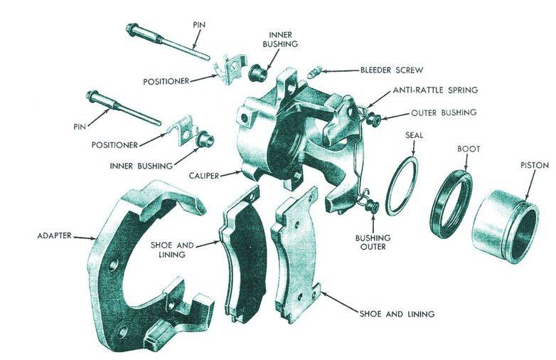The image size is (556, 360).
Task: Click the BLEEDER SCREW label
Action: (x=392, y=70)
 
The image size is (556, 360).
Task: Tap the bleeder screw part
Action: (x=314, y=72)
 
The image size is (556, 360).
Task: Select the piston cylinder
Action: (x=506, y=226)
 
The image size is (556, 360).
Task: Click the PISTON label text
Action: (x=535, y=165)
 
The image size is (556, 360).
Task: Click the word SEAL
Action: (x=414, y=135)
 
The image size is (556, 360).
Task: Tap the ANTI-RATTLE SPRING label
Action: (x=435, y=90)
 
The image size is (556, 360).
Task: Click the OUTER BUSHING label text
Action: (x=444, y=113)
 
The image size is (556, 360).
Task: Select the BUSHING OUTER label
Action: (x=373, y=242)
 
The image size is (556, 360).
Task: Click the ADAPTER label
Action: (x=54, y=235)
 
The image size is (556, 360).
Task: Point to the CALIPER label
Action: (x=204, y=176)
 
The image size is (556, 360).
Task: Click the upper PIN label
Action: (x=199, y=25)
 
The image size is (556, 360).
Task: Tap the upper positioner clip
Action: (x=230, y=68)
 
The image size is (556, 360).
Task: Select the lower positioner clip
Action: (x=183, y=130)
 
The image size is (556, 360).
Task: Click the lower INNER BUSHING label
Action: (x=141, y=166)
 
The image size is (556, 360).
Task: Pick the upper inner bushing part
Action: (x=259, y=72)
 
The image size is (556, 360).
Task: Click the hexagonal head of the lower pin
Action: (x=93, y=95)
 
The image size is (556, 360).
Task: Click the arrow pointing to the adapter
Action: (x=85, y=238)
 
